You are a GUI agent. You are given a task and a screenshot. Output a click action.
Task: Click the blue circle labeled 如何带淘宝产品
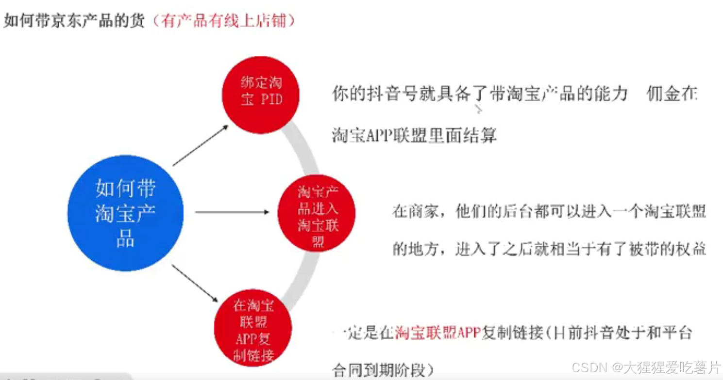(125, 213)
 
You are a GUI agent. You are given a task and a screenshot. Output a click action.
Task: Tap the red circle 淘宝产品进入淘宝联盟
(317, 213)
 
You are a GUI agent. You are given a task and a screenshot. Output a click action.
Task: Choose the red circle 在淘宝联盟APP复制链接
(253, 330)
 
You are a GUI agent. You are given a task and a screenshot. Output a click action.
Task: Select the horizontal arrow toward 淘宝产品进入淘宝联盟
(232, 212)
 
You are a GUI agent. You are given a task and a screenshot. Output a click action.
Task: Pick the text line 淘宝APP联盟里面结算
(415, 135)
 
